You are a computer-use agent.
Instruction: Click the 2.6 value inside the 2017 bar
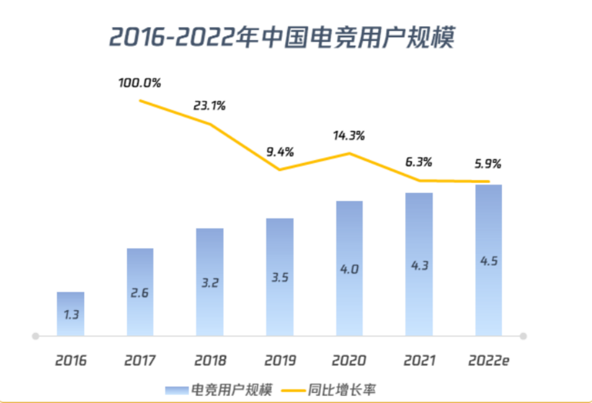(x=139, y=292)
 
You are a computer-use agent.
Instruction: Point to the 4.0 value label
(x=348, y=269)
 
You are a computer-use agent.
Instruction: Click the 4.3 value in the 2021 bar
(x=419, y=266)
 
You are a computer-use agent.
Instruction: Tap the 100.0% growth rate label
(x=139, y=83)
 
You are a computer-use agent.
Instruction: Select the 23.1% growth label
(x=209, y=105)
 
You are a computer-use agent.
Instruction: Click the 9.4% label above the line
(x=279, y=152)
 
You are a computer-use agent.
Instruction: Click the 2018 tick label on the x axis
(x=210, y=360)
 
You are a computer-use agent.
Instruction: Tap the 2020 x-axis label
(x=348, y=360)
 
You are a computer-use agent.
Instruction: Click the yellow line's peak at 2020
(x=349, y=153)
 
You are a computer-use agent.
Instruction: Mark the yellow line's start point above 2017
(x=140, y=101)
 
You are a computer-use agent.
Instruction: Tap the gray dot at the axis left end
(x=35, y=336)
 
